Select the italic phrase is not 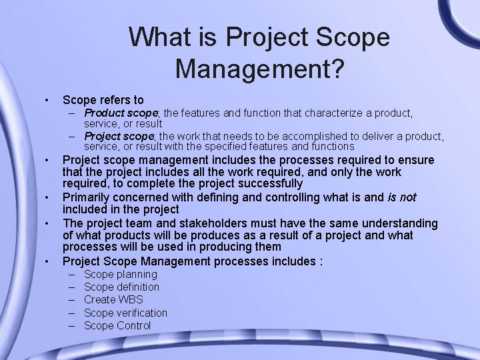click(402, 197)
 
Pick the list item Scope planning click(121, 274)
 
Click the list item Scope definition click(121, 287)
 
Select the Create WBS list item click(113, 299)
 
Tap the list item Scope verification click(125, 313)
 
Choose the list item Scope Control click(117, 325)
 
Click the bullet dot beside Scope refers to click(46, 100)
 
